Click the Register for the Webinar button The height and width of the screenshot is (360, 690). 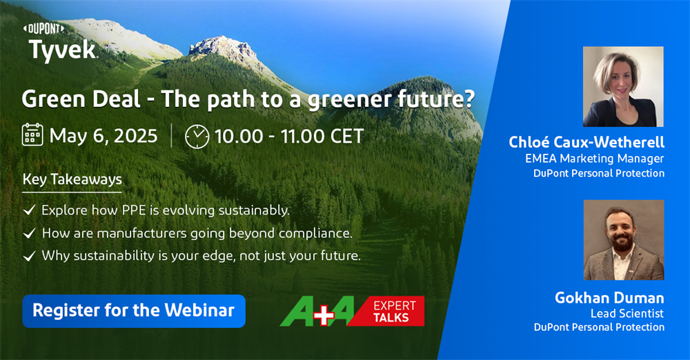tap(134, 311)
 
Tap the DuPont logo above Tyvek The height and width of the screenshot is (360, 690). tap(43, 29)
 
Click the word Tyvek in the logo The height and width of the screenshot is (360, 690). tap(63, 50)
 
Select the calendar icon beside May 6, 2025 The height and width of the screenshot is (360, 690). tap(32, 134)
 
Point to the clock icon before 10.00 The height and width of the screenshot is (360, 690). tap(197, 137)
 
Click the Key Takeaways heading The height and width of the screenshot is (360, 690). tap(72, 179)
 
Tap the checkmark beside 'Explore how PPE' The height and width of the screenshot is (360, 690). tap(29, 210)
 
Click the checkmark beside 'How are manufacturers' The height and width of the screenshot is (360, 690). tap(29, 233)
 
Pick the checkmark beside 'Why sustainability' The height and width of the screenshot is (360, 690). tap(29, 256)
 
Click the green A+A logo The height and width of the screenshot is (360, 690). tap(317, 311)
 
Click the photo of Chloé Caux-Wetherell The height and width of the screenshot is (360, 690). tap(623, 87)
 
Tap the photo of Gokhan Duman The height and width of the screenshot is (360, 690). tap(624, 240)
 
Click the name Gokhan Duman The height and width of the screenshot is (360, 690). tap(609, 298)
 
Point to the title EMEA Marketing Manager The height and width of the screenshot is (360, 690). tap(595, 159)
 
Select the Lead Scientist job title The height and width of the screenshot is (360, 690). tap(627, 313)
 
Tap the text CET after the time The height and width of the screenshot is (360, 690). tap(347, 136)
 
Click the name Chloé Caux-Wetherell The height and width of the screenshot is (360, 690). tap(586, 141)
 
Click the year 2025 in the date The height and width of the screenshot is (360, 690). tap(137, 136)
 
